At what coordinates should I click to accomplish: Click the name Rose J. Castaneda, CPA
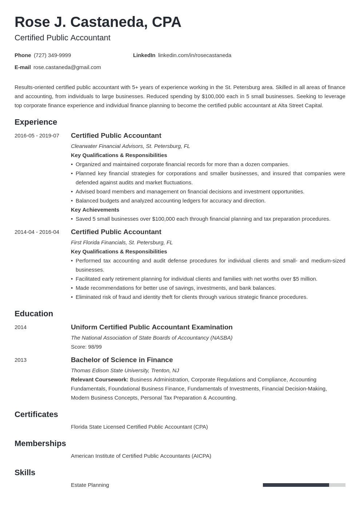click(98, 22)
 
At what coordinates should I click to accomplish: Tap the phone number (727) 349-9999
click(52, 55)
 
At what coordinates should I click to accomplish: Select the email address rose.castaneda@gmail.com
click(67, 67)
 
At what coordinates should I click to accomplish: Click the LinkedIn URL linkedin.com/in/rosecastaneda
click(195, 55)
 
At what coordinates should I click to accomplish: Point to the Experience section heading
click(36, 122)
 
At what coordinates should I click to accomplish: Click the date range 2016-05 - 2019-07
click(37, 136)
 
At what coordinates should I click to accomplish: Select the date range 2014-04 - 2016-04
click(37, 232)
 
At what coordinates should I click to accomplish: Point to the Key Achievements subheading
click(95, 210)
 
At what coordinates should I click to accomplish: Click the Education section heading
click(34, 314)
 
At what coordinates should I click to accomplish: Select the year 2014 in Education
click(20, 327)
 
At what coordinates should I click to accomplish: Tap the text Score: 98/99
click(86, 347)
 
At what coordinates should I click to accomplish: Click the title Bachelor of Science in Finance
click(122, 360)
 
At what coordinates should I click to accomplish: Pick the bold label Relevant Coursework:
click(99, 380)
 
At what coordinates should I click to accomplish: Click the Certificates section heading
click(36, 414)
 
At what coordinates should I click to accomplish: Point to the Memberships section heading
click(40, 444)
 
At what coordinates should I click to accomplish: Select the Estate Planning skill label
click(90, 485)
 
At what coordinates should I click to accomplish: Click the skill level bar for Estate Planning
click(304, 485)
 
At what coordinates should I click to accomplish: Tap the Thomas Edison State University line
click(125, 370)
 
